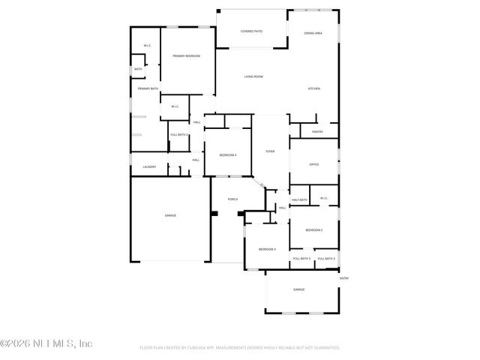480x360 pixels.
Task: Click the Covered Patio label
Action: [x=251, y=31]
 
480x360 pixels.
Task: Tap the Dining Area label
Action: [x=313, y=34]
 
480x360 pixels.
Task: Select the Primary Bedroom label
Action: [x=186, y=56]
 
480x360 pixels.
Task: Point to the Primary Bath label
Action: [x=148, y=89]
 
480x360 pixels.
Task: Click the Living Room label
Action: [x=253, y=76]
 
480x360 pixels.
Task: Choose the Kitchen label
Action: [x=313, y=89]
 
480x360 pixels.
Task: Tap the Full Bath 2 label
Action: [x=178, y=134]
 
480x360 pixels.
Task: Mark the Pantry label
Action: [x=317, y=132]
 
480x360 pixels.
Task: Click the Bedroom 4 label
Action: [x=228, y=155]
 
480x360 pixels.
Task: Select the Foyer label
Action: [x=270, y=151]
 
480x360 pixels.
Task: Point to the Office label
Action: [x=314, y=164]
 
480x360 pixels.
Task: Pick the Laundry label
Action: [x=150, y=166]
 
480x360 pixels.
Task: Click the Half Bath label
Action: [x=299, y=200]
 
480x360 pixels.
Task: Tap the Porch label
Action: [x=232, y=199]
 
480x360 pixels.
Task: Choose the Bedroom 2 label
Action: [x=313, y=230]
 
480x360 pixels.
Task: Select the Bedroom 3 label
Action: [x=268, y=249]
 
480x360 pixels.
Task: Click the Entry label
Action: [x=344, y=278]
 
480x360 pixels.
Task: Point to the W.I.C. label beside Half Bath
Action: [x=325, y=199]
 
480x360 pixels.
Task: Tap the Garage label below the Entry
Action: [x=298, y=289]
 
